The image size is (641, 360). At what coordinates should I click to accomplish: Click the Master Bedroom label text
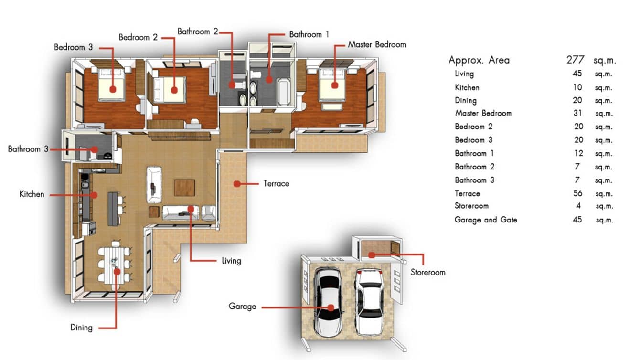click(x=376, y=44)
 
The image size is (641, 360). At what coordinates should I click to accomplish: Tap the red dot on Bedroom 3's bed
click(x=113, y=89)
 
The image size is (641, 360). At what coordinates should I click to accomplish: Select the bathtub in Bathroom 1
click(x=283, y=93)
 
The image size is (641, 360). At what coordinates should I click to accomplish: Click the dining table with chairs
click(x=115, y=264)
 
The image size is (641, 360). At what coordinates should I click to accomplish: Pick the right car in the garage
click(x=369, y=301)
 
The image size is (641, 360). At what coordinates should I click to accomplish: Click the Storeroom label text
click(x=427, y=272)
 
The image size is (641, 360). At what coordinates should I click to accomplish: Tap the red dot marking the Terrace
click(x=237, y=183)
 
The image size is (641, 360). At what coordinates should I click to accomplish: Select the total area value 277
click(x=576, y=60)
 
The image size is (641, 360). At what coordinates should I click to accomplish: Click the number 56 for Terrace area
click(x=577, y=193)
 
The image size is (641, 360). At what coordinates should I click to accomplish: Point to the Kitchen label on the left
click(x=32, y=194)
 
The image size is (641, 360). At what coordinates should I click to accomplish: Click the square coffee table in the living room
click(x=184, y=188)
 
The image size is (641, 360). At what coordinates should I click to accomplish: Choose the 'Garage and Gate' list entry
click(x=485, y=220)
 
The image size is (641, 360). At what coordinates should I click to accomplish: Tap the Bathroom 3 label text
click(x=28, y=149)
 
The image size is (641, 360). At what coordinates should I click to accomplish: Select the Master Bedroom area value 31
click(x=577, y=113)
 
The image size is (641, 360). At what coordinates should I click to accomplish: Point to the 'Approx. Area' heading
click(x=479, y=60)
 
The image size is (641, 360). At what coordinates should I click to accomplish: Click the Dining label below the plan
click(x=81, y=327)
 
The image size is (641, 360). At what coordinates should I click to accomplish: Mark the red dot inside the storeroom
click(x=372, y=254)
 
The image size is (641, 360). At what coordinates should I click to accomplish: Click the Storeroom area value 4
click(x=579, y=206)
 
